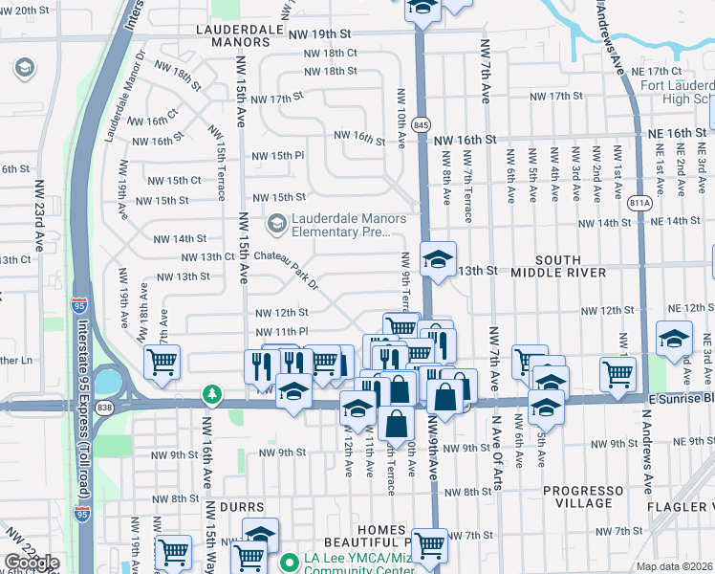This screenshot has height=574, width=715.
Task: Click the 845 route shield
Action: click(x=421, y=125)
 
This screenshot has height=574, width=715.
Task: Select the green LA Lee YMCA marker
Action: click(x=289, y=563)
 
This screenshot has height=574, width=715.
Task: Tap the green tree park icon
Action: click(x=210, y=394)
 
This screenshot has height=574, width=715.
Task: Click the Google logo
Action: click(x=32, y=563)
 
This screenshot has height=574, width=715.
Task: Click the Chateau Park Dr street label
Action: click(x=283, y=262)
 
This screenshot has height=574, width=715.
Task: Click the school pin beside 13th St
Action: click(x=438, y=261)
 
